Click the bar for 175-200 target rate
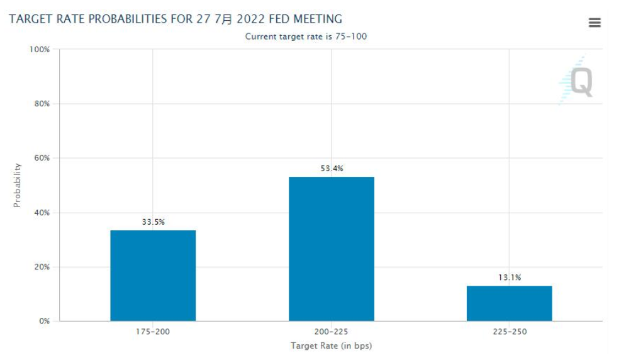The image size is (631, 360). tap(153, 276)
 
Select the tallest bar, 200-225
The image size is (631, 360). tap(332, 249)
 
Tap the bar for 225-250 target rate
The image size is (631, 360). tap(509, 303)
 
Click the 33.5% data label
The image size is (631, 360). tap(153, 222)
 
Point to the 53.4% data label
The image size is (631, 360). tap(332, 168)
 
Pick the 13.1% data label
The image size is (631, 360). tap(510, 277)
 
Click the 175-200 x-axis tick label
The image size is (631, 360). tap(153, 331)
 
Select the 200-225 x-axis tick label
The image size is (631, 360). tap(332, 331)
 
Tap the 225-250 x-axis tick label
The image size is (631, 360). tap(510, 331)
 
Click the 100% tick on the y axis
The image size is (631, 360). tap(40, 49)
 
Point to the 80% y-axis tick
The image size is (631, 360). tap(42, 104)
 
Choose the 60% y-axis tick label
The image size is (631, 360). tap(42, 158)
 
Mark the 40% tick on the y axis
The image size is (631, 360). tap(42, 213)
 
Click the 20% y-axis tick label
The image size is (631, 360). tap(42, 267)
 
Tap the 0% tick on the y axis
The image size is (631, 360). tap(44, 321)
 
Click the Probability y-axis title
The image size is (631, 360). tap(17, 185)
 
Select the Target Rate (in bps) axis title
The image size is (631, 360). tap(331, 346)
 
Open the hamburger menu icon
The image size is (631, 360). tap(595, 23)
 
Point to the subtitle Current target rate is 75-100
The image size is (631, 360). tap(306, 37)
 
